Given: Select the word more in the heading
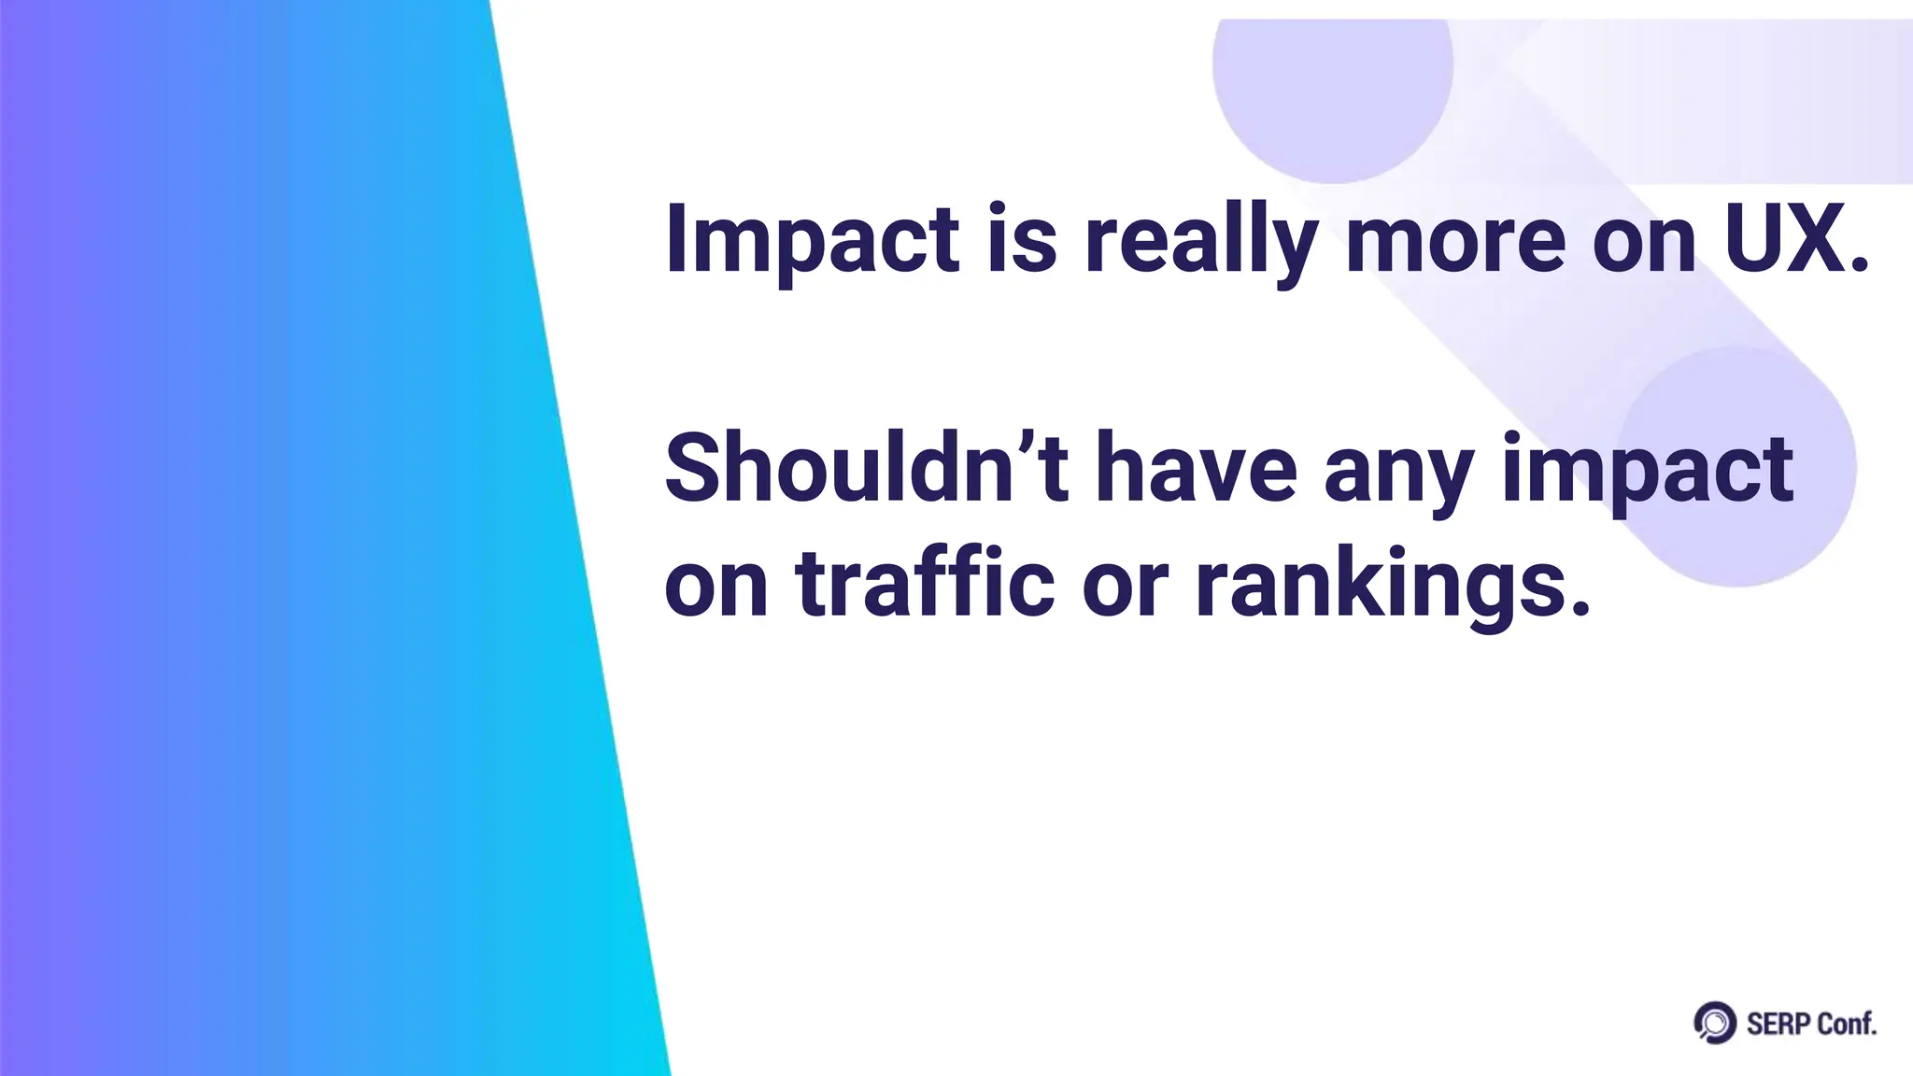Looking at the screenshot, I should tap(1454, 240).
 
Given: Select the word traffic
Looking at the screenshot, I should tap(925, 584).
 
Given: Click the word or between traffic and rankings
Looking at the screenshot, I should tap(1125, 588).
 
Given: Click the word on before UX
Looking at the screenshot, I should tap(1643, 245).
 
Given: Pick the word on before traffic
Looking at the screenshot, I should tap(716, 588).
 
